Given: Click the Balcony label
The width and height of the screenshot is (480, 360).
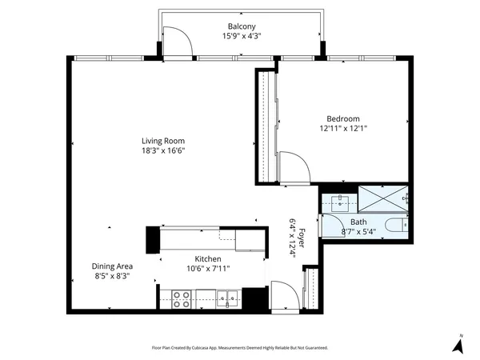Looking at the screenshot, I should (242, 26).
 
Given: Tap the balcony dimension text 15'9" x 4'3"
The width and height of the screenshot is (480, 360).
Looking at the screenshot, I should (242, 36).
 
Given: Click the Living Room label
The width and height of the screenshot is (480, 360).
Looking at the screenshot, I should (163, 141).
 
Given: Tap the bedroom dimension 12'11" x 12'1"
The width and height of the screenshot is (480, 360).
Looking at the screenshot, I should (343, 128).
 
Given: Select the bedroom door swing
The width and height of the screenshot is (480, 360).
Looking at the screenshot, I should (297, 168).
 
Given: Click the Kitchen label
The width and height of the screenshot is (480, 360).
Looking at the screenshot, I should (208, 258).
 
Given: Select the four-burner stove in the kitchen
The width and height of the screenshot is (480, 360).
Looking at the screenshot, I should (182, 298).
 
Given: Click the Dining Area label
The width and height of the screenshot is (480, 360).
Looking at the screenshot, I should (112, 266).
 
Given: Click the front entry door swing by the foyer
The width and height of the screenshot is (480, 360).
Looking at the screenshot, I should (285, 295).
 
